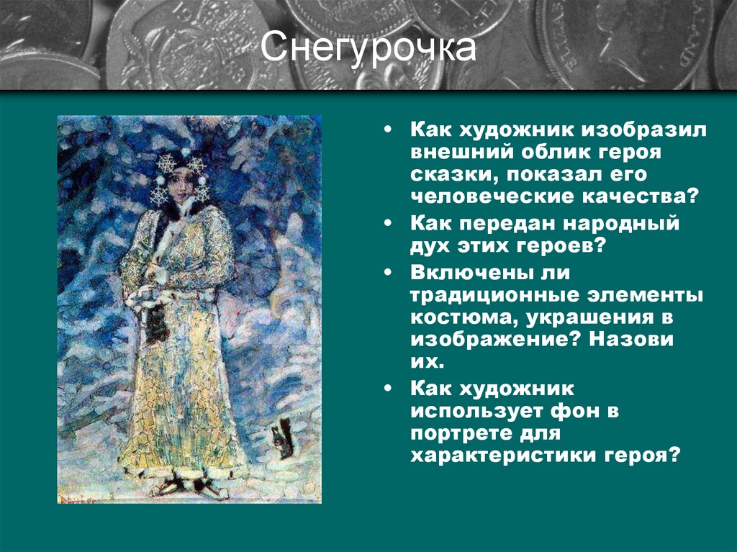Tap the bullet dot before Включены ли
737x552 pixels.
pyautogui.click(x=389, y=273)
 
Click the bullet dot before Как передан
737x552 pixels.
pyautogui.click(x=389, y=224)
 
